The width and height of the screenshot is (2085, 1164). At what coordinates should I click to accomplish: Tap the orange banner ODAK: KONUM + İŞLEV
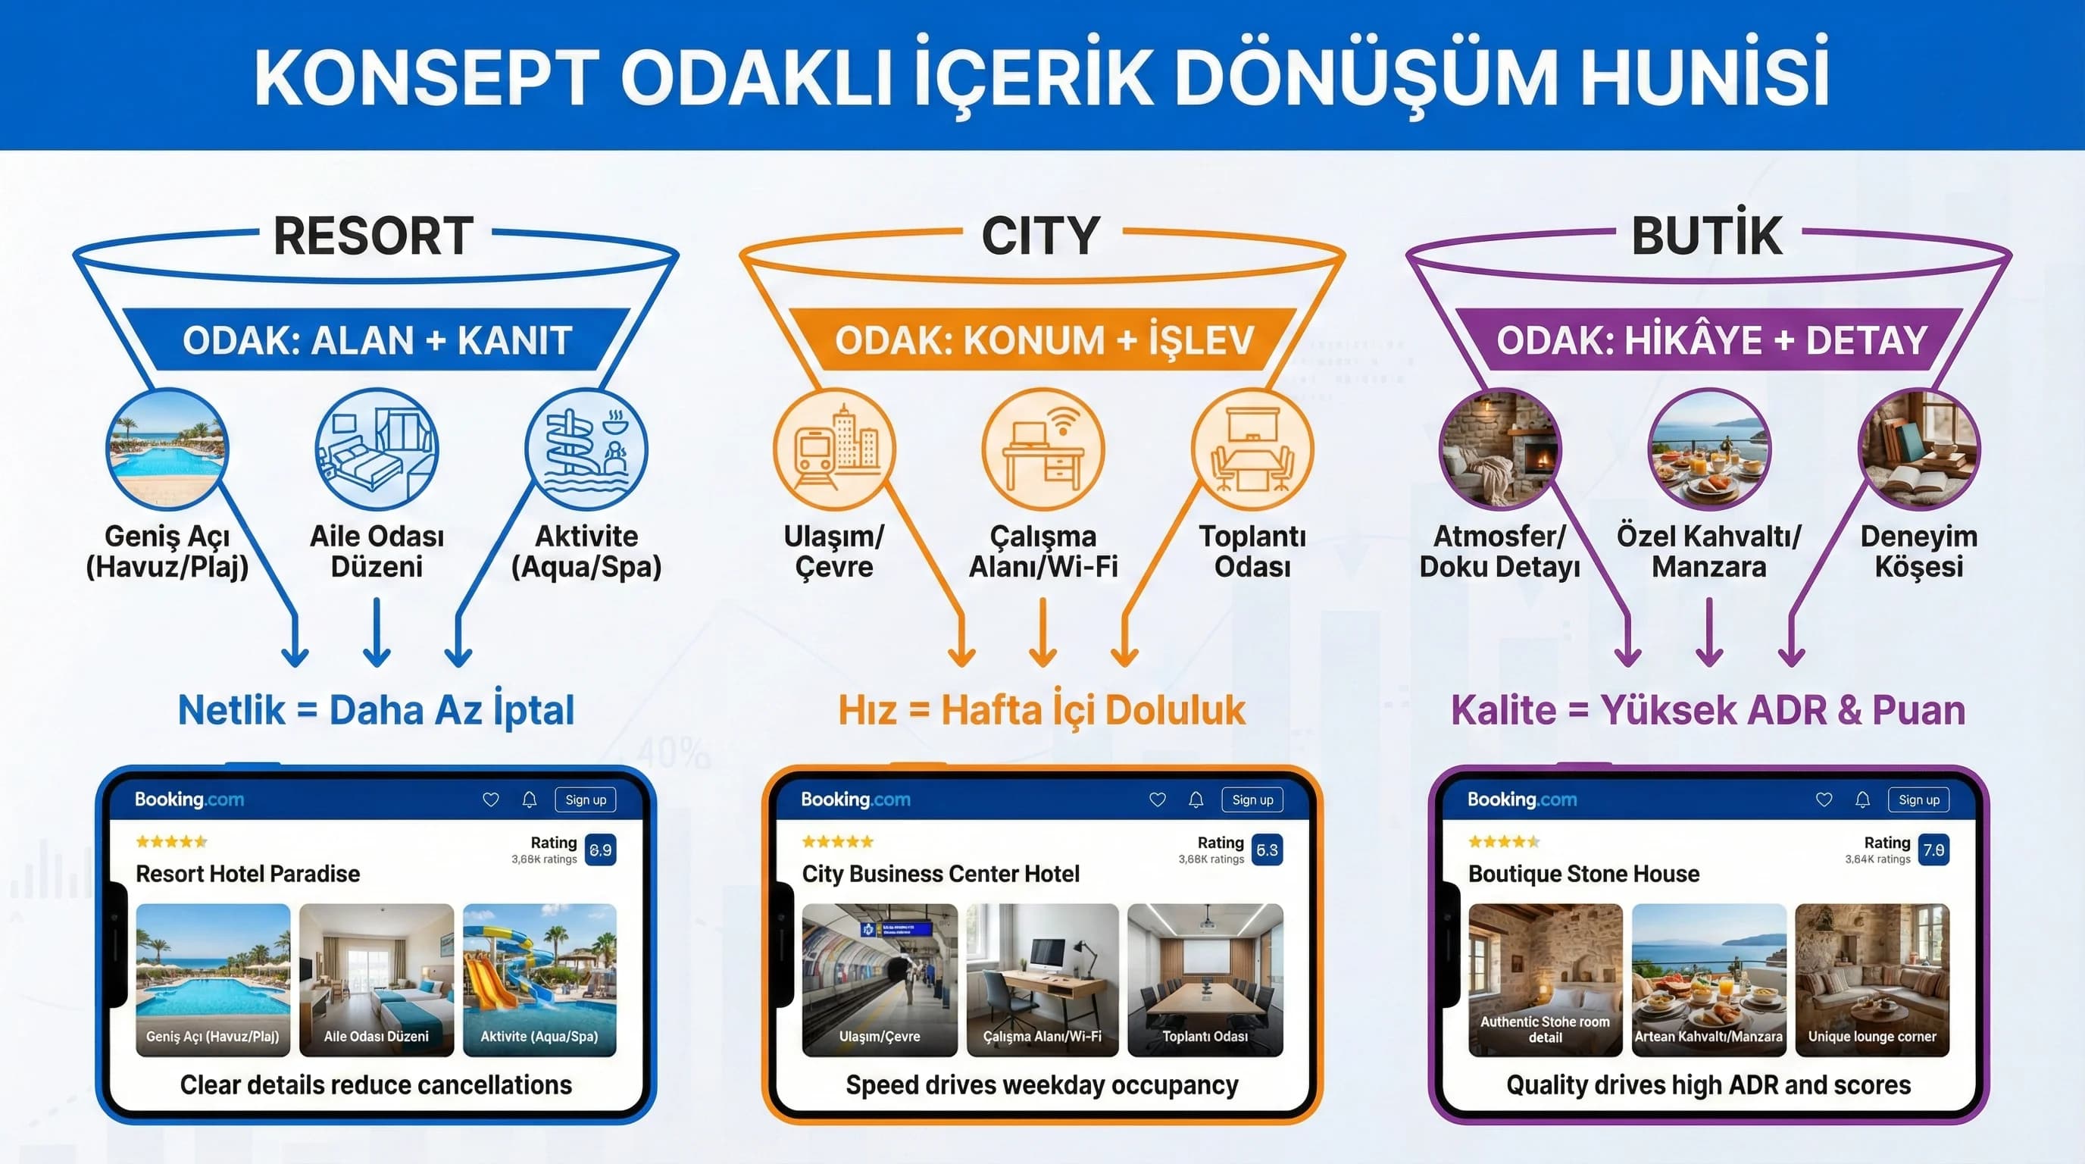pyautogui.click(x=1043, y=340)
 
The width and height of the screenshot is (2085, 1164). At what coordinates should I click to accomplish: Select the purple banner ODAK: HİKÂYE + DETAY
pyautogui.click(x=1710, y=340)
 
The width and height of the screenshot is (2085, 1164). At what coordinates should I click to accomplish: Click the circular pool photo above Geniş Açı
pyautogui.click(x=167, y=449)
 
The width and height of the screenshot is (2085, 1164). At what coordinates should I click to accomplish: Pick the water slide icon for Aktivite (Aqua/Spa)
pyautogui.click(x=586, y=449)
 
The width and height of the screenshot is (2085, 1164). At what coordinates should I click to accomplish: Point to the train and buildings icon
pyautogui.click(x=834, y=449)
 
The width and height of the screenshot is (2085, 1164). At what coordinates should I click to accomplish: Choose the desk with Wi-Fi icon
pyautogui.click(x=1042, y=449)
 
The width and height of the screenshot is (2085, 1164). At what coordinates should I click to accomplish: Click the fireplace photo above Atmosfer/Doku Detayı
pyautogui.click(x=1500, y=449)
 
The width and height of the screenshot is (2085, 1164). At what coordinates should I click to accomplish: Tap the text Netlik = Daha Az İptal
pyautogui.click(x=376, y=711)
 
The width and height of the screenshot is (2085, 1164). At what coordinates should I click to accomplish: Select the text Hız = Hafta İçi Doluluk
pyautogui.click(x=1042, y=711)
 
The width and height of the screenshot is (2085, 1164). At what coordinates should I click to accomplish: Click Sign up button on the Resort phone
pyautogui.click(x=585, y=799)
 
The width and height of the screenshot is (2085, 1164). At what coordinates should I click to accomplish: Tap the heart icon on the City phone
pyautogui.click(x=1158, y=799)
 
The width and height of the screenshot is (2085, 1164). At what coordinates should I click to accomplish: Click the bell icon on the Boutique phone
pyautogui.click(x=1862, y=799)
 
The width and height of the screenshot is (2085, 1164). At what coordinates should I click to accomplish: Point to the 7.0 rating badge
pyautogui.click(x=1933, y=850)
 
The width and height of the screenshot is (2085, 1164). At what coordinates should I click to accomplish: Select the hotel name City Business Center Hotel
pyautogui.click(x=940, y=875)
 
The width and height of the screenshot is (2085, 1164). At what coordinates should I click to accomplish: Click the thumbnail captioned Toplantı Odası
pyautogui.click(x=1205, y=979)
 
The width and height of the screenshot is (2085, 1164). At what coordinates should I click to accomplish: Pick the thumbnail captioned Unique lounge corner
pyautogui.click(x=1872, y=979)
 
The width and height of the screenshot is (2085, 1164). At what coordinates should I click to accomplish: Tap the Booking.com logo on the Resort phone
pyautogui.click(x=189, y=799)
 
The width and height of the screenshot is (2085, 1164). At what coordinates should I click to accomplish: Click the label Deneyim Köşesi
pyautogui.click(x=1918, y=551)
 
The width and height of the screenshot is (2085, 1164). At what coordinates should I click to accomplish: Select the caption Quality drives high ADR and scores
pyautogui.click(x=1708, y=1084)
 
